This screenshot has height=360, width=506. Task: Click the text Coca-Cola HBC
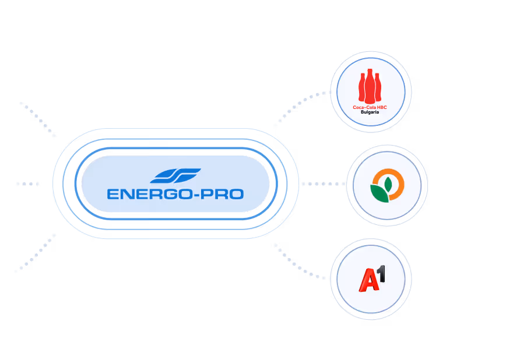370,107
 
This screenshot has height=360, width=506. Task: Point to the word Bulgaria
370,112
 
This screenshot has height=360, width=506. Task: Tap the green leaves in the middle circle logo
381,190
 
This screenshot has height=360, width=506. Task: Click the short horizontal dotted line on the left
27,183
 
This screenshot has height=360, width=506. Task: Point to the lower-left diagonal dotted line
36,252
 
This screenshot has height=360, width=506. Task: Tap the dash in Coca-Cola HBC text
364,107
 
